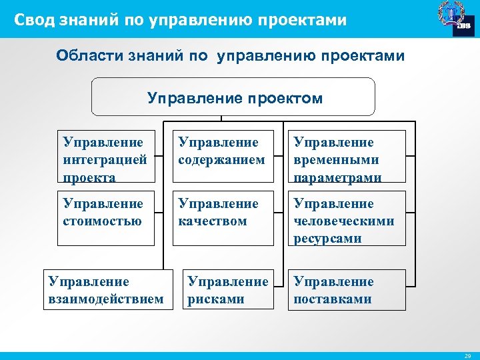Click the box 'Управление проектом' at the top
[x=233, y=97]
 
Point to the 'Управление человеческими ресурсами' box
[x=347, y=218]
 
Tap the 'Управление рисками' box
[x=228, y=290]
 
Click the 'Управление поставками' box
[x=347, y=290]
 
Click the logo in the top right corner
[x=454, y=18]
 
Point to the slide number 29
[x=467, y=356]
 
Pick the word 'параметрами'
[x=337, y=178]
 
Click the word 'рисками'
[x=215, y=299]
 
